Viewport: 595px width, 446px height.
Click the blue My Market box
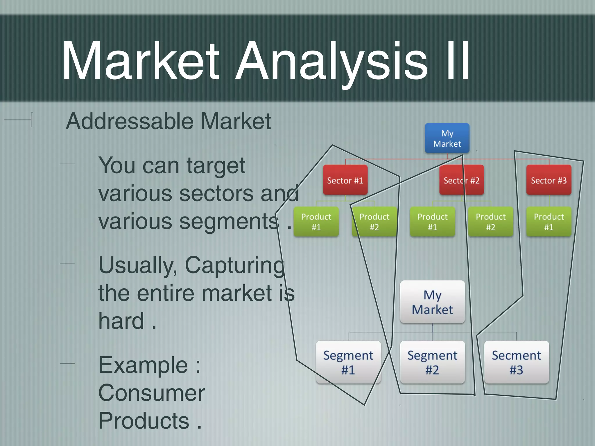click(447, 138)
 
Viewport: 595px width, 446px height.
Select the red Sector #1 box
click(345, 180)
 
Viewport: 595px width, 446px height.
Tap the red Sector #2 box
click(461, 180)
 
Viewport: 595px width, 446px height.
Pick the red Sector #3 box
click(549, 180)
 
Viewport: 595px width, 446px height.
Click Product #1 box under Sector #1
click(316, 222)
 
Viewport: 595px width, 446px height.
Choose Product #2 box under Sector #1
click(374, 222)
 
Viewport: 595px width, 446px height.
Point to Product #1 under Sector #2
click(432, 222)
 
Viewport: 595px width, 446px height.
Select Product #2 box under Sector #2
click(490, 222)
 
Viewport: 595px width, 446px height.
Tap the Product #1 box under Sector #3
click(549, 222)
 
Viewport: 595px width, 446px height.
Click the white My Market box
click(432, 302)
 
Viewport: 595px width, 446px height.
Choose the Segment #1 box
click(348, 362)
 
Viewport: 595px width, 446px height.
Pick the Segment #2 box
click(432, 362)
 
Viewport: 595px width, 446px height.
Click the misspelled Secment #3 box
click(516, 362)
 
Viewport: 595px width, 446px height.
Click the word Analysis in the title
click(331, 61)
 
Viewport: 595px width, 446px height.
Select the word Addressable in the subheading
click(129, 121)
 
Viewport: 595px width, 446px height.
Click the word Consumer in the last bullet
click(152, 393)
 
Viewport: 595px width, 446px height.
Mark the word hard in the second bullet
click(121, 321)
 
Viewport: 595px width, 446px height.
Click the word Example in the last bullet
click(143, 365)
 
